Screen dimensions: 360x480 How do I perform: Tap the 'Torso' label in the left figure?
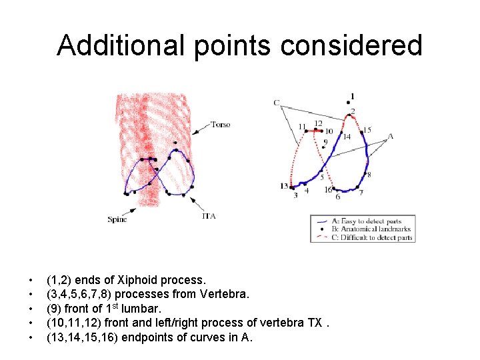(220, 125)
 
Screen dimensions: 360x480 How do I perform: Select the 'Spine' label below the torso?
(117, 219)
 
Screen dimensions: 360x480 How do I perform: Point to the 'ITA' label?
(208, 216)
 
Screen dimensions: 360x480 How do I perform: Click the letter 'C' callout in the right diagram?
(276, 103)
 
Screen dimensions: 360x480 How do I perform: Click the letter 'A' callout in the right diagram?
(391, 136)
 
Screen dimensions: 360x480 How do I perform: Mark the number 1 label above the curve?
(352, 96)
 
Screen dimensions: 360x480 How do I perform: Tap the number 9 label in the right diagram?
(325, 142)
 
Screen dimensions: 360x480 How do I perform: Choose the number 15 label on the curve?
(367, 130)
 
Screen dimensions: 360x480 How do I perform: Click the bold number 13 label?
(284, 186)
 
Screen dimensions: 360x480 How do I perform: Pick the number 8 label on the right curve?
(369, 175)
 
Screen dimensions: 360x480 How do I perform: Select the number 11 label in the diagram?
(302, 126)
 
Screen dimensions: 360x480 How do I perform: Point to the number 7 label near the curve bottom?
(361, 193)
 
